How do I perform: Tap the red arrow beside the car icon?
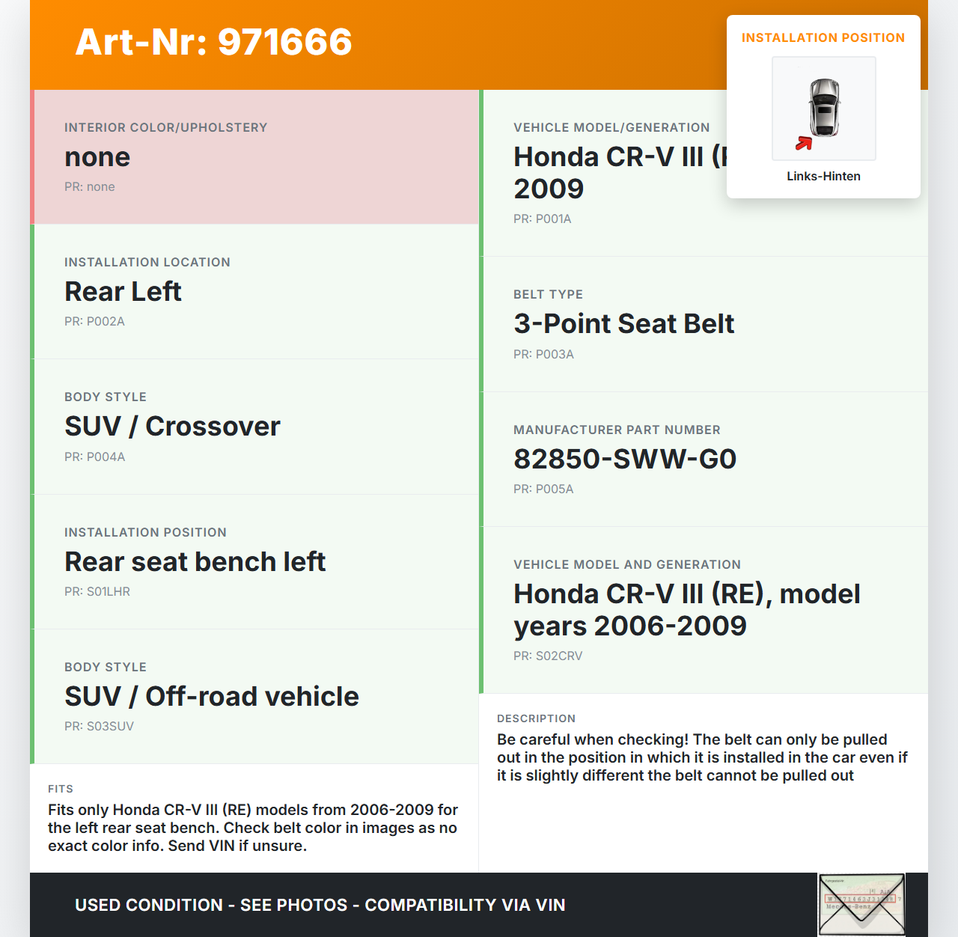pos(804,143)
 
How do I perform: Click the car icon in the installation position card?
pos(824,107)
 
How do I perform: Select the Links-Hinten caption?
pos(823,177)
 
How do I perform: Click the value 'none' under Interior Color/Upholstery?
pos(97,157)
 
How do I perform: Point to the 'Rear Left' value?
pos(123,292)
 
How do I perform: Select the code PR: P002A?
pos(94,322)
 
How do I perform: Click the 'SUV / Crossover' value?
pos(172,427)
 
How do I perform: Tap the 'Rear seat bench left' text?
pos(195,562)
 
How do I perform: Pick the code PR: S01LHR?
pos(97,592)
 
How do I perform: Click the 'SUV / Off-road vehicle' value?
pos(212,697)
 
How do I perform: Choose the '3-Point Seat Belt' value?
pos(623,324)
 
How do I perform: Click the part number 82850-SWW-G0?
pos(625,460)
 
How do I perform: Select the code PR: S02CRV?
pos(548,656)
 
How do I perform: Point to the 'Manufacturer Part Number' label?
pos(617,430)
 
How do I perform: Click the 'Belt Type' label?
pos(548,295)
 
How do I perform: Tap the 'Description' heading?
pos(536,718)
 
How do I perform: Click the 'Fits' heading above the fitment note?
pos(61,789)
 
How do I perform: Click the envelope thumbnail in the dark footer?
pos(861,904)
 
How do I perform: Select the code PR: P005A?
pos(543,489)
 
